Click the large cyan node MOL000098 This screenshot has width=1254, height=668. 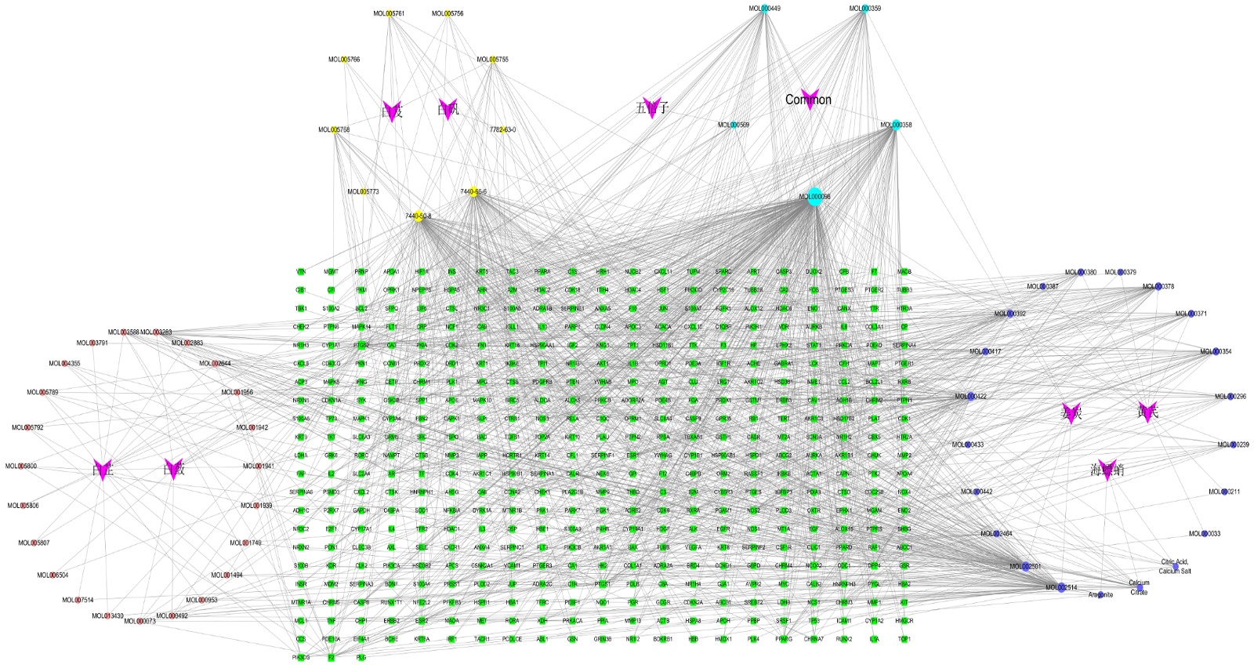[x=815, y=197]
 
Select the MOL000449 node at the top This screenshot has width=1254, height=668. [x=765, y=9]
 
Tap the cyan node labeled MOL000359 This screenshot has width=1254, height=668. [x=864, y=9]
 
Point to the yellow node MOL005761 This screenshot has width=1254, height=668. [x=390, y=13]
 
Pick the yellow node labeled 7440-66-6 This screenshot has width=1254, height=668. [x=473, y=192]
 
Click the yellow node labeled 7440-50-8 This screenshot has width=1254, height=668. [x=419, y=216]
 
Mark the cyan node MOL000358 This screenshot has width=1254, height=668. [x=895, y=125]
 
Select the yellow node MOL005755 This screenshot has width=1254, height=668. [x=493, y=60]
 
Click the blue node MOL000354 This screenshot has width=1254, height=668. [x=1216, y=352]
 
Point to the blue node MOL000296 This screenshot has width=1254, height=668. [x=1230, y=397]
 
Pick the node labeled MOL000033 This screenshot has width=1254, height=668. [x=1205, y=534]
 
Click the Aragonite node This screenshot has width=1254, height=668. [x=1100, y=595]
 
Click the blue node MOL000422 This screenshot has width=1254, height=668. [x=970, y=397]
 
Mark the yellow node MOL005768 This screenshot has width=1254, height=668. [x=335, y=130]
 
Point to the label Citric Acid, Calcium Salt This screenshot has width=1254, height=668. [x=1174, y=566]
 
